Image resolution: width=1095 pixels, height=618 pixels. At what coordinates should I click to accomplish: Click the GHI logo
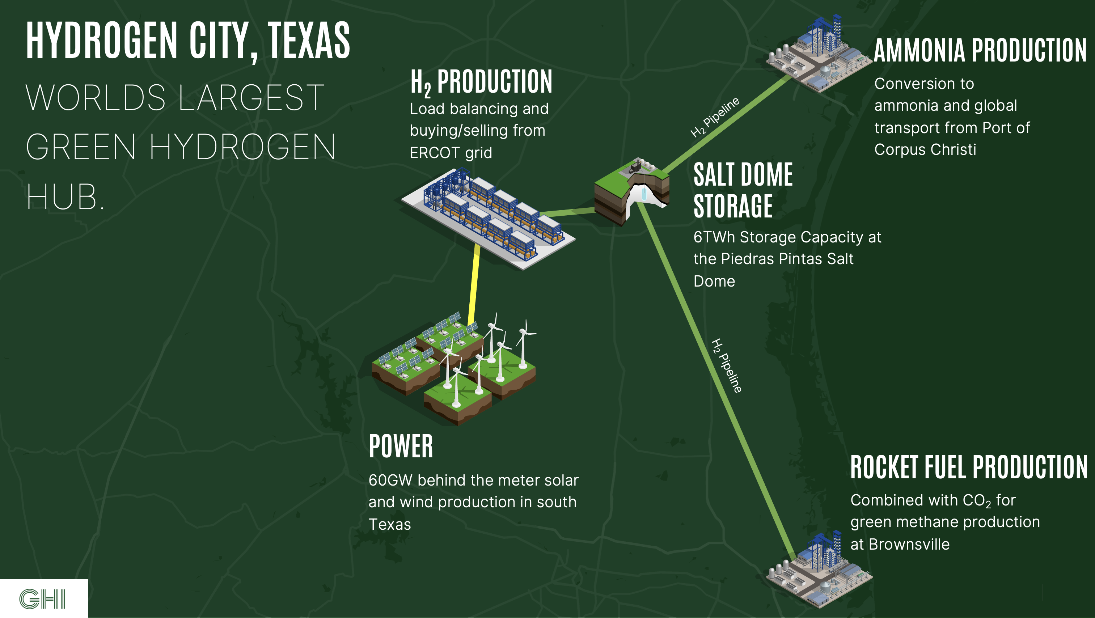coord(42,599)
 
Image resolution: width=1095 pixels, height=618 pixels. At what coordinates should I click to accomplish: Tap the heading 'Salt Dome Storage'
coord(743,190)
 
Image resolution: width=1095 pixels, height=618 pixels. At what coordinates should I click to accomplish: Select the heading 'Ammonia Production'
coord(980,51)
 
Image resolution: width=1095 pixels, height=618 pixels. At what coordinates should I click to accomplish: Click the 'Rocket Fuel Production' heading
coord(969,467)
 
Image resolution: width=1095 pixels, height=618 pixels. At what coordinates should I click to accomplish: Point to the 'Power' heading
coord(401,446)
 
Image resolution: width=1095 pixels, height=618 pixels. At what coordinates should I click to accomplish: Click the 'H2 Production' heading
coord(481,82)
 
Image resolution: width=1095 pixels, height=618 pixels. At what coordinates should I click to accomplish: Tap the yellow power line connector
coord(474,285)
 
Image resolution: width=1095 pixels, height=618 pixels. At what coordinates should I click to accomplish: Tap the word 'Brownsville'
coord(909,544)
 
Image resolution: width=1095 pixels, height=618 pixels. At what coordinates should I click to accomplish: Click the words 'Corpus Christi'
coord(925,149)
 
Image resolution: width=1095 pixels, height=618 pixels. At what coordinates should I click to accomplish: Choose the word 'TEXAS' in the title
coord(309,41)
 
